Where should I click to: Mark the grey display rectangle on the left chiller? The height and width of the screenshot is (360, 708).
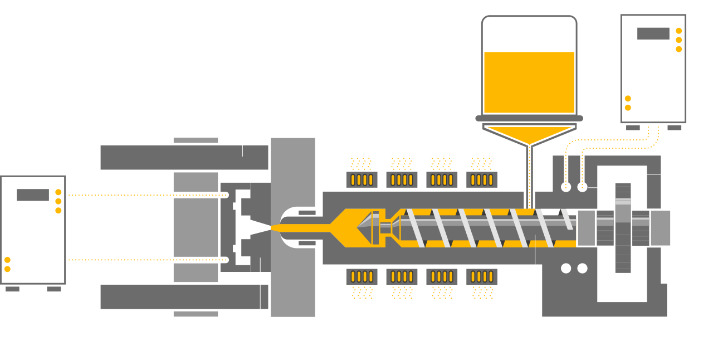click(x=33, y=195)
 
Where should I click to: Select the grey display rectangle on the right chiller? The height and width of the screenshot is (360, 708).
click(x=653, y=33)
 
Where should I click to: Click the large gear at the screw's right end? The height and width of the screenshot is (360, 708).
click(x=623, y=227)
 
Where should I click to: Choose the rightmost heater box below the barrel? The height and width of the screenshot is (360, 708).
click(x=481, y=276)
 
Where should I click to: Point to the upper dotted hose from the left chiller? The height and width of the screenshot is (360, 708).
click(x=145, y=195)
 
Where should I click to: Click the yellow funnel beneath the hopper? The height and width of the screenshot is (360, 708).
click(x=529, y=135)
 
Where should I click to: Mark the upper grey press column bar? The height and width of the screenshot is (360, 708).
click(x=184, y=157)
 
